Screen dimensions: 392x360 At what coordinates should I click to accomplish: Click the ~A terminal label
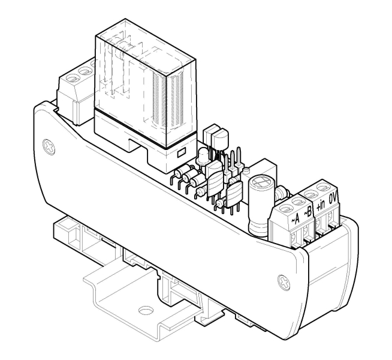295,218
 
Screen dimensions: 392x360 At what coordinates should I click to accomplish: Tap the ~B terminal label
308,212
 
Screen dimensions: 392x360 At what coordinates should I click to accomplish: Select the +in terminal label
321,205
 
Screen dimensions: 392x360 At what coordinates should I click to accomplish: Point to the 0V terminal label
334,199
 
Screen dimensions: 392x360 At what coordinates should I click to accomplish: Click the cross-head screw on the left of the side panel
49,147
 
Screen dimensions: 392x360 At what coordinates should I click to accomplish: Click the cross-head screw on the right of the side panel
284,282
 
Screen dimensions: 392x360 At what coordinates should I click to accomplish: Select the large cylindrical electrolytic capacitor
258,206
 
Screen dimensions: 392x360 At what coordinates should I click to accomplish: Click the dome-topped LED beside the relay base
203,156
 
